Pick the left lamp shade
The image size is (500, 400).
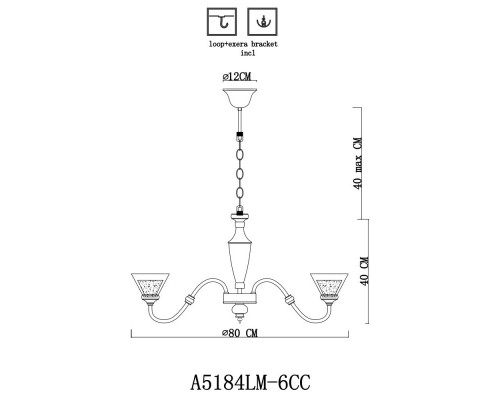tap(152, 286)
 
